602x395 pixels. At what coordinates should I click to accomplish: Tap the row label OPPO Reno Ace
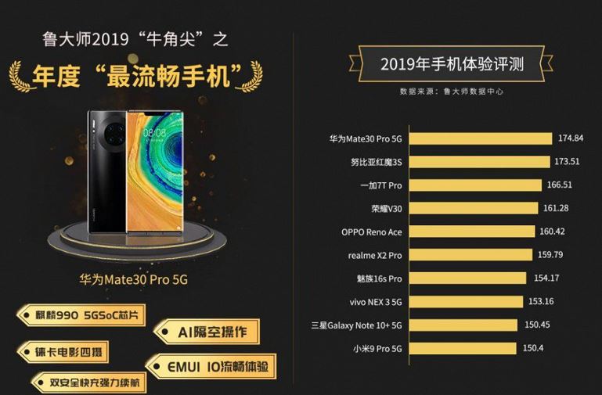coord(372,232)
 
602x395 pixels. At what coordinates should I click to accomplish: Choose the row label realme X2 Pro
coord(375,255)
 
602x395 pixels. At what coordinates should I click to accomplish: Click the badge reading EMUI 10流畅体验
coord(211,365)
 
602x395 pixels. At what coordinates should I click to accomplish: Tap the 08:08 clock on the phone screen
coord(154,132)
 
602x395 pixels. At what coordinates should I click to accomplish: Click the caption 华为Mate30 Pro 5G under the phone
coord(135,278)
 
